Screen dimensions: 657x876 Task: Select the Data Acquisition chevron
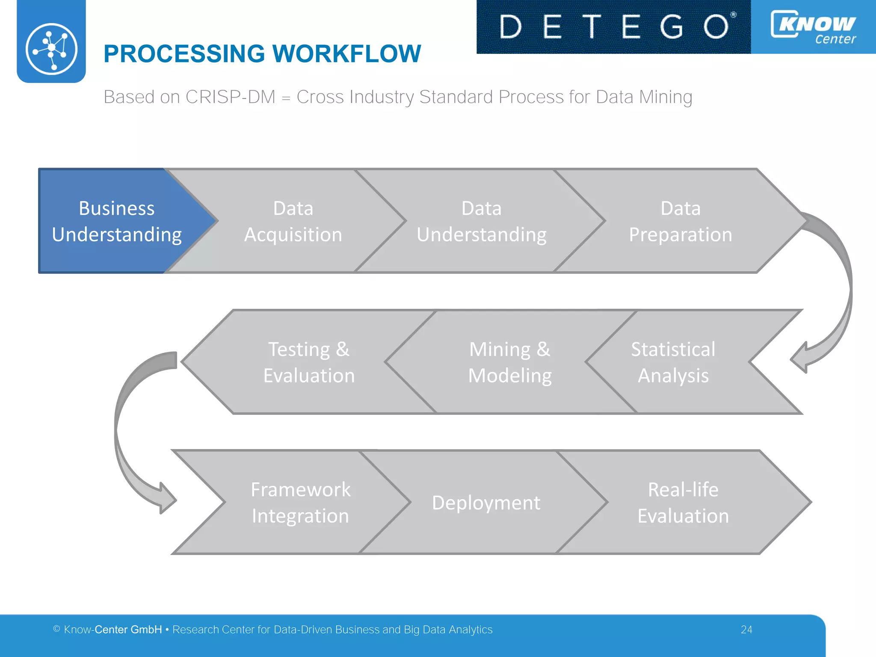pyautogui.click(x=293, y=221)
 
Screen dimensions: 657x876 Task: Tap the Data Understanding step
pyautogui.click(x=481, y=221)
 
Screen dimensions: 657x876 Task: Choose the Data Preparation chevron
pyautogui.click(x=680, y=221)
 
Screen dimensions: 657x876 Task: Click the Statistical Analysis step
pyautogui.click(x=673, y=362)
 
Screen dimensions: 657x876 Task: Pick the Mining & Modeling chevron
pyautogui.click(x=509, y=362)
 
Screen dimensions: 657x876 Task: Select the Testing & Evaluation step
pyautogui.click(x=308, y=362)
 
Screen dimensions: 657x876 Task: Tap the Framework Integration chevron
pyautogui.click(x=300, y=502)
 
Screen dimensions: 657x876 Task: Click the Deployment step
pyautogui.click(x=486, y=503)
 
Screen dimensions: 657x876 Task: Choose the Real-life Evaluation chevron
pyautogui.click(x=683, y=502)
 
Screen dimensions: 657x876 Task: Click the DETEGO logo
pyautogui.click(x=613, y=27)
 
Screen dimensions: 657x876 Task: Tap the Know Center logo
pyautogui.click(x=813, y=27)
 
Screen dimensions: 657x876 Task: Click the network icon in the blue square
pyautogui.click(x=51, y=49)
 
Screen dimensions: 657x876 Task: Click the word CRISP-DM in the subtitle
pyautogui.click(x=230, y=97)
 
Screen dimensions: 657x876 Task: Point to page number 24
pyautogui.click(x=746, y=630)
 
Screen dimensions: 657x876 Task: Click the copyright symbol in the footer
pyautogui.click(x=56, y=629)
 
